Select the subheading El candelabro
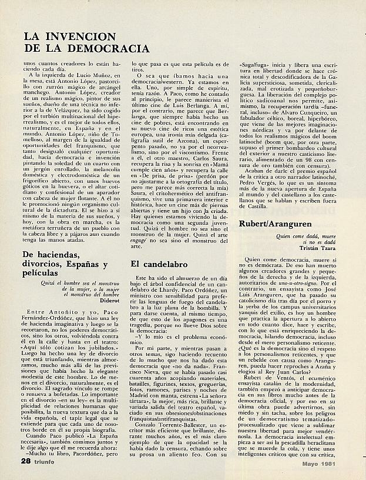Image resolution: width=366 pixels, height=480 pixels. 157,264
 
